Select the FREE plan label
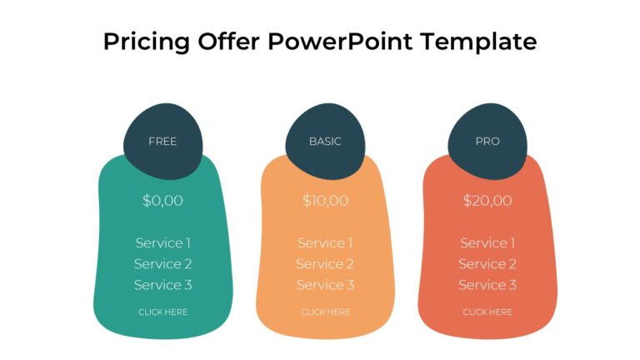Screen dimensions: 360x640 click(x=162, y=142)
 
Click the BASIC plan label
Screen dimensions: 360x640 click(x=325, y=142)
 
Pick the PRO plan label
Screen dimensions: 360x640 click(x=487, y=142)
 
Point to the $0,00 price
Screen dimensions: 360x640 click(x=162, y=201)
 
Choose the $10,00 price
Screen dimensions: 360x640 click(x=325, y=201)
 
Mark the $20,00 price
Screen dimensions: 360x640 click(x=487, y=201)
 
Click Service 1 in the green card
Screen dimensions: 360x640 click(x=162, y=243)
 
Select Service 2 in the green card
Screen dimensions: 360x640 click(x=162, y=264)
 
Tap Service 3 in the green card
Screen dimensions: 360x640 click(x=162, y=285)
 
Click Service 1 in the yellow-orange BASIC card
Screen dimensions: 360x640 click(x=325, y=243)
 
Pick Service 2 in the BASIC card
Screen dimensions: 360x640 click(x=325, y=264)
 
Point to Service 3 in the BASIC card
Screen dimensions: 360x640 click(x=325, y=285)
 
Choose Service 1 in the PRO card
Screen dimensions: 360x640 click(x=487, y=243)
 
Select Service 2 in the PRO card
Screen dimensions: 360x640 click(x=487, y=264)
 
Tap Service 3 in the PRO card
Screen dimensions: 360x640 click(x=487, y=285)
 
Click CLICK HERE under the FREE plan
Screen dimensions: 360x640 click(x=162, y=312)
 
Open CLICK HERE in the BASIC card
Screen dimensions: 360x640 click(x=325, y=312)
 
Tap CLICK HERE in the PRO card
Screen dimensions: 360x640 click(x=487, y=312)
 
